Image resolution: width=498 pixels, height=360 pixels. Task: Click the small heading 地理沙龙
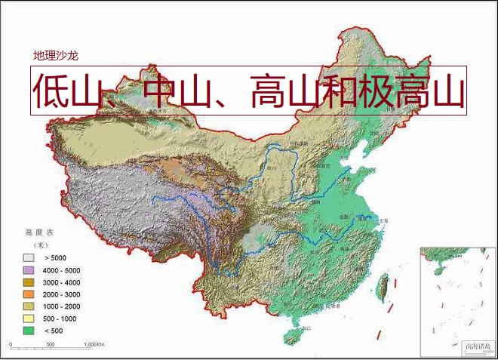56,56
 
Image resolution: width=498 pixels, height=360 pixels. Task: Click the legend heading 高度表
37,232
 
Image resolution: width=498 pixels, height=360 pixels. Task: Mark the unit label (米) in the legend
35,245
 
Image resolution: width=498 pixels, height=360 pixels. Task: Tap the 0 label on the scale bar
11,345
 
